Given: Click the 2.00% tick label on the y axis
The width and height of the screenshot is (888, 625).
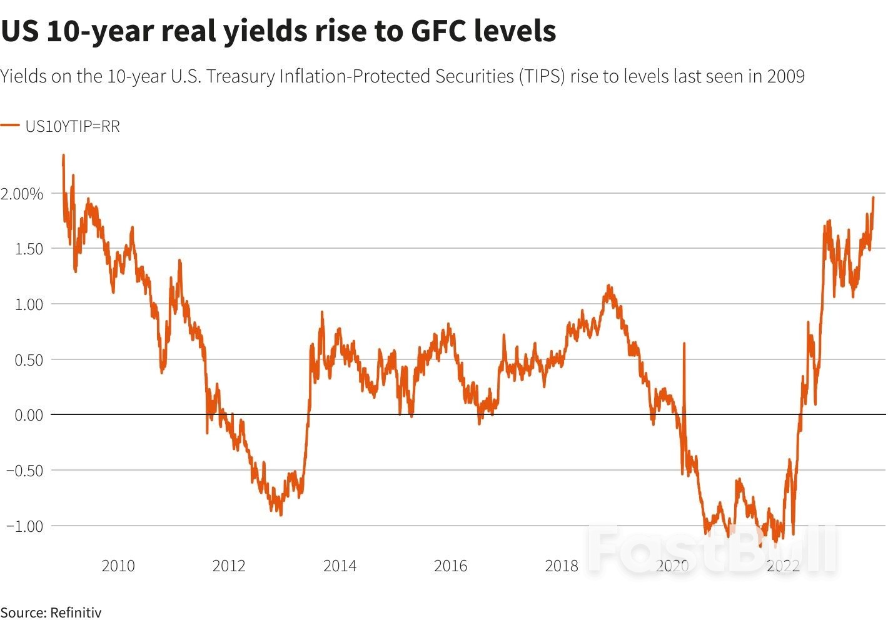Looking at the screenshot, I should click(23, 194).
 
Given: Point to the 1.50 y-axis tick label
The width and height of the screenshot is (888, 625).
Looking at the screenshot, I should click(29, 249).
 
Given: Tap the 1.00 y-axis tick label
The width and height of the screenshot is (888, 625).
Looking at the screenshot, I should click(29, 304).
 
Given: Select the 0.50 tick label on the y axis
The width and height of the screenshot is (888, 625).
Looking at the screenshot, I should click(29, 360).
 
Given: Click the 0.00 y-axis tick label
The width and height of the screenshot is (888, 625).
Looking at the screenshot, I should click(29, 415).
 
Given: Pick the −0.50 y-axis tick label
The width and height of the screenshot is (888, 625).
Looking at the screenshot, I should click(25, 471).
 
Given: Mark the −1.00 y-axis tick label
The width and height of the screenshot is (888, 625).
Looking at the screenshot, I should click(25, 526).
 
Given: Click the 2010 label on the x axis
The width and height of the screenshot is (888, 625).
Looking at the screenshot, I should click(118, 566).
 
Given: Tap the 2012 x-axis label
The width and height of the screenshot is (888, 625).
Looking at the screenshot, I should click(229, 566).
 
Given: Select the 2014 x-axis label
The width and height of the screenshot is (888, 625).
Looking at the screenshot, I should click(340, 566).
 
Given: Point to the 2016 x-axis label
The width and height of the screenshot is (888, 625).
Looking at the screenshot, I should click(450, 566).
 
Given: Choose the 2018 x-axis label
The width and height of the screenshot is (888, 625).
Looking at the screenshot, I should click(562, 566).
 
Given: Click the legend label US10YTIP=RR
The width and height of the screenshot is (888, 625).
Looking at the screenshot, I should click(73, 126).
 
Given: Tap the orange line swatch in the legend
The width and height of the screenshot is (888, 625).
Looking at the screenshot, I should click(10, 126).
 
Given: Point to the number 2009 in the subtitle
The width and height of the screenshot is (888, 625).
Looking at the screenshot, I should click(785, 76).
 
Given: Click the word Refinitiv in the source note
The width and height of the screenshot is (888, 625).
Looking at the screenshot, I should click(76, 612).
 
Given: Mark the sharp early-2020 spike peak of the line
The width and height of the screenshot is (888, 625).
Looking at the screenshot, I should click(684, 343).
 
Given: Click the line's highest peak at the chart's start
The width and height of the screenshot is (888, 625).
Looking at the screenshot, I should click(63, 155).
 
